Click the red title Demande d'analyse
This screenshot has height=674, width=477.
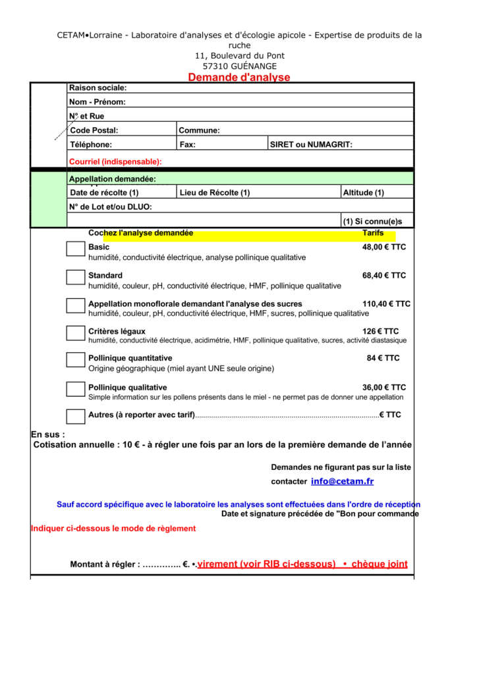[x=238, y=77]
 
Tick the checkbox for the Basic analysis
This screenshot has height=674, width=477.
[x=76, y=249]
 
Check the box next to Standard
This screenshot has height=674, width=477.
[x=76, y=277]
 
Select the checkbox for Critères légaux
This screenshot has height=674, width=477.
[x=76, y=333]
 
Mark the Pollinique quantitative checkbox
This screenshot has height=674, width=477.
[x=76, y=360]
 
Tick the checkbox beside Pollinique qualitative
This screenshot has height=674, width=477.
[x=76, y=389]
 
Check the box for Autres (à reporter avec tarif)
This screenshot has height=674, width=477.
[x=76, y=416]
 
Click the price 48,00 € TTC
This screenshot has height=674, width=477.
[x=384, y=247]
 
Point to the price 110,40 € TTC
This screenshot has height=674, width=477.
[x=386, y=303]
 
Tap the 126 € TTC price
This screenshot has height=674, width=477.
[x=380, y=331]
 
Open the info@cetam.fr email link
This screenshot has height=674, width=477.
[x=342, y=481]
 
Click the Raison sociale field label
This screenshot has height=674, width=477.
[x=98, y=88]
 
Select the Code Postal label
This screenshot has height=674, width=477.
[x=94, y=130]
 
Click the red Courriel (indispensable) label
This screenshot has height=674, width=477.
[x=115, y=161]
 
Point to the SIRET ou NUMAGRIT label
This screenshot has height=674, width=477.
[x=312, y=144]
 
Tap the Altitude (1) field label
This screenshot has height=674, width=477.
[x=364, y=192]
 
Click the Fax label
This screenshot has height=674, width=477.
[x=187, y=144]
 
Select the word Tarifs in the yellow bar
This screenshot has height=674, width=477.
[x=373, y=233]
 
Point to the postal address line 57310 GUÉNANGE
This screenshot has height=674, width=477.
[x=239, y=66]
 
